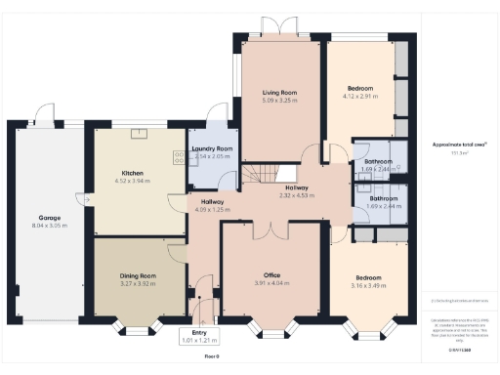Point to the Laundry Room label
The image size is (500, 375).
pos(211,148)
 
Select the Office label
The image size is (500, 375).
pos(271,275)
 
